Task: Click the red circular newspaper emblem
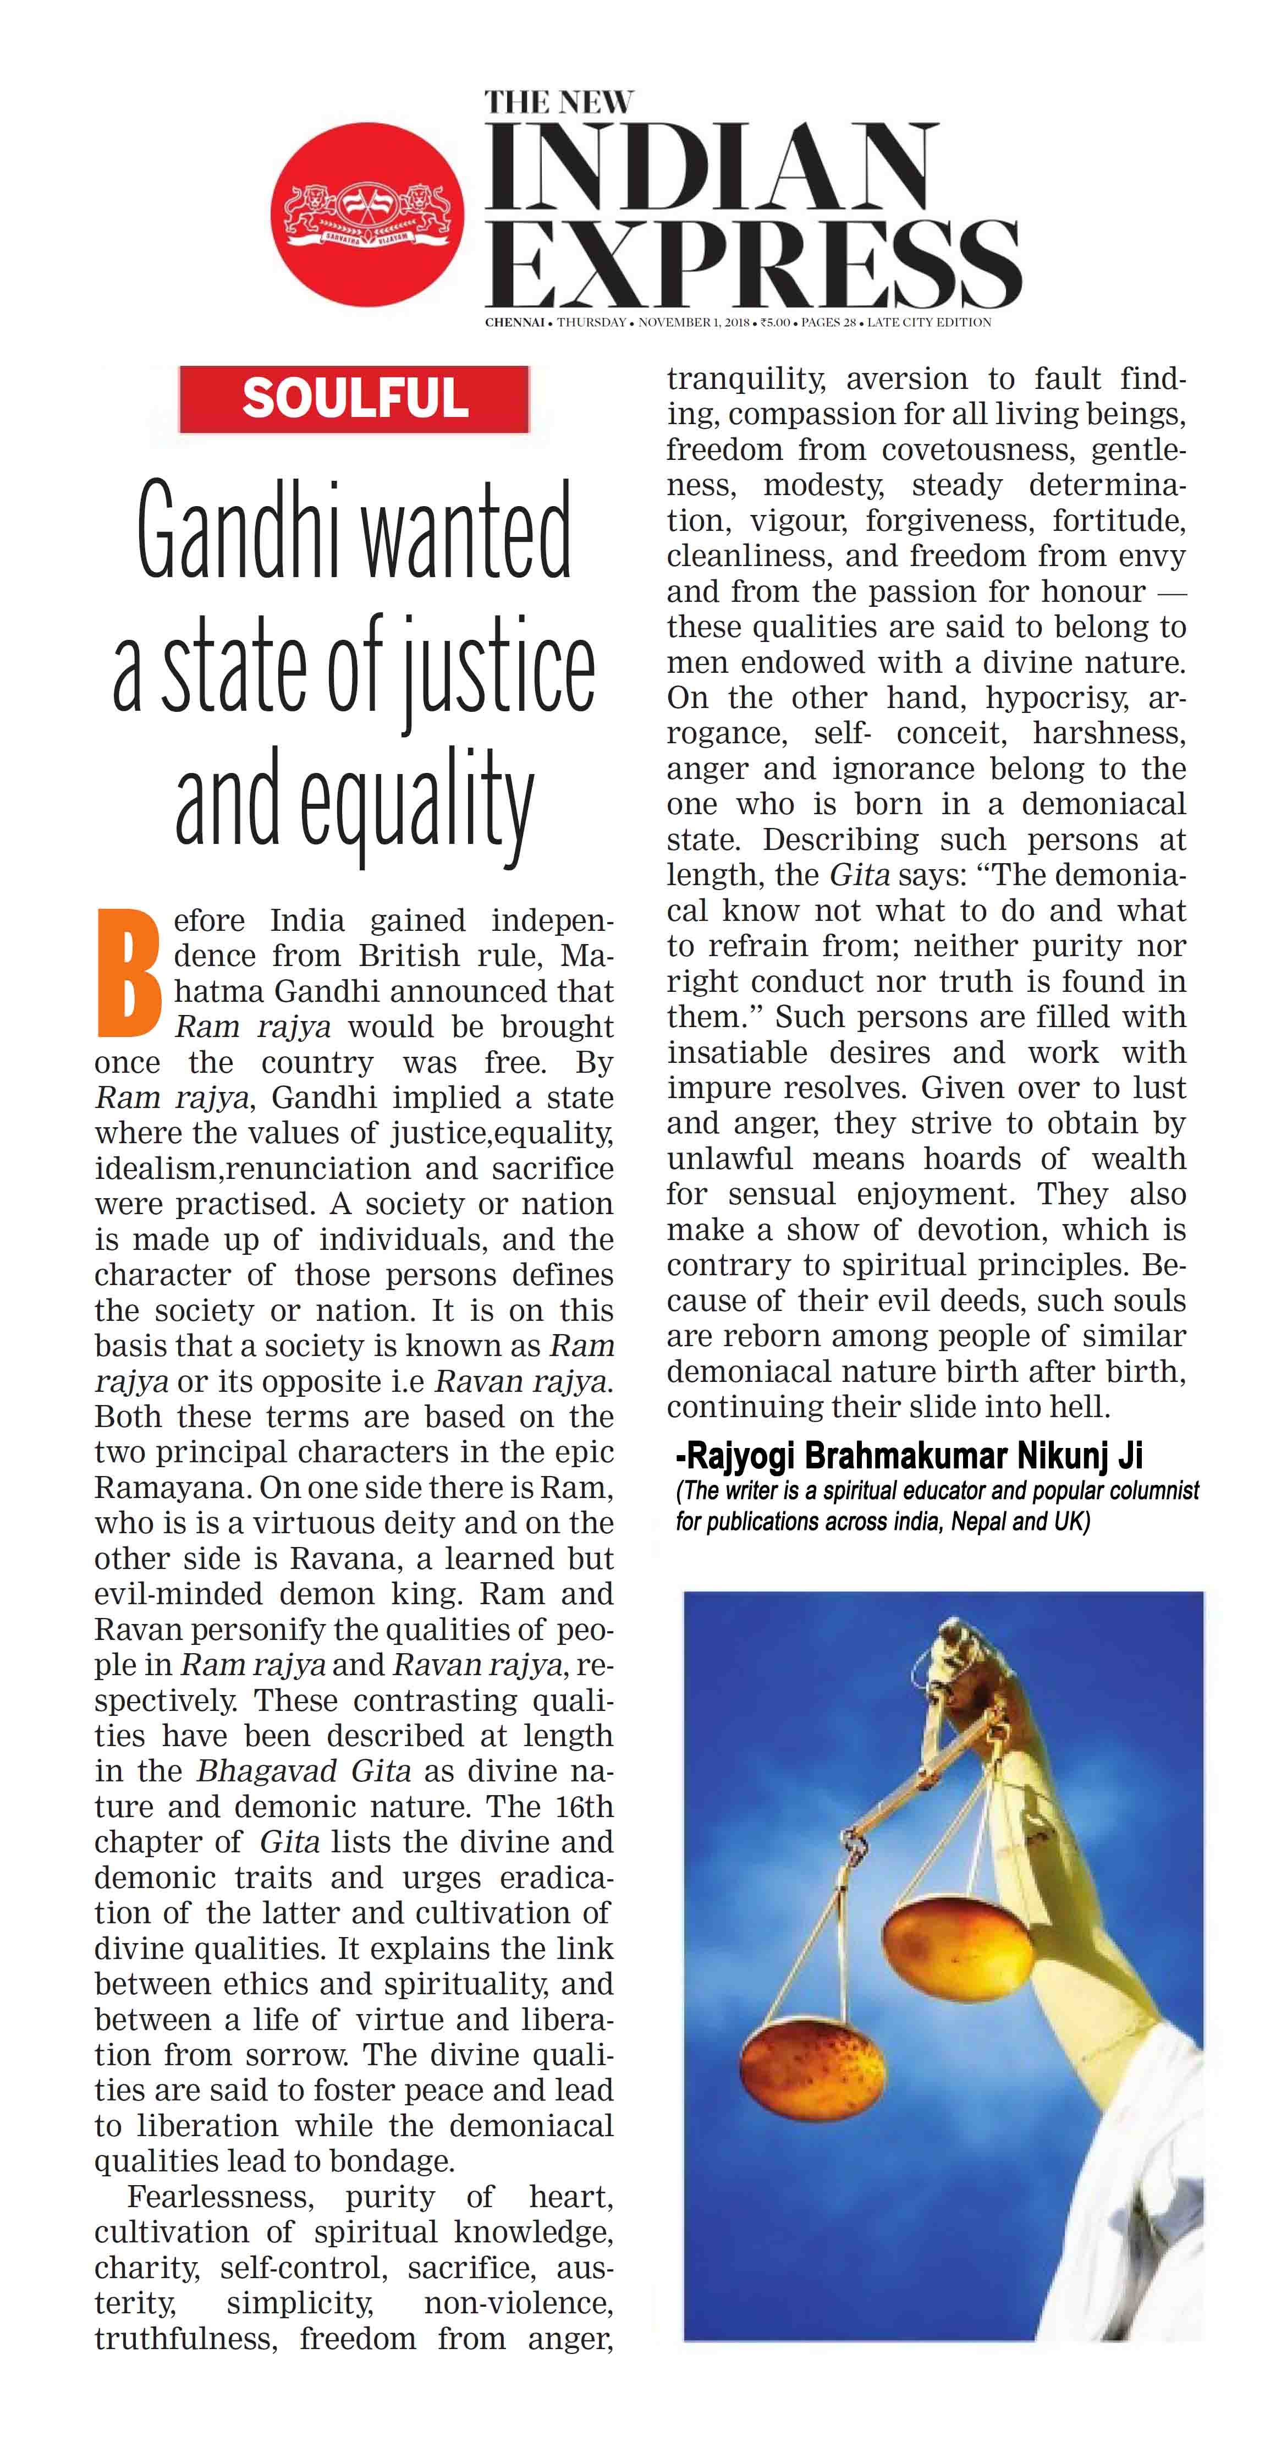point(367,215)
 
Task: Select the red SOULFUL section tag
point(354,398)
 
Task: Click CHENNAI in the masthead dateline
point(514,322)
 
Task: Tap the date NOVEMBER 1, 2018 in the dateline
point(694,322)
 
